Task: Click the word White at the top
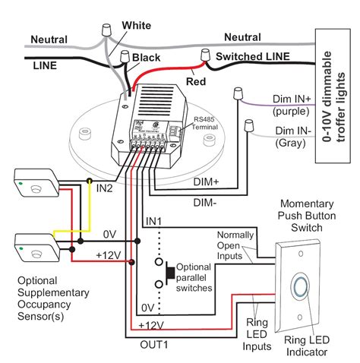click(x=136, y=25)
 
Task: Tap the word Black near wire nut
click(x=146, y=57)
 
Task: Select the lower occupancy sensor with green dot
click(x=35, y=247)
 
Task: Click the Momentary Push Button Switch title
click(x=308, y=216)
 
